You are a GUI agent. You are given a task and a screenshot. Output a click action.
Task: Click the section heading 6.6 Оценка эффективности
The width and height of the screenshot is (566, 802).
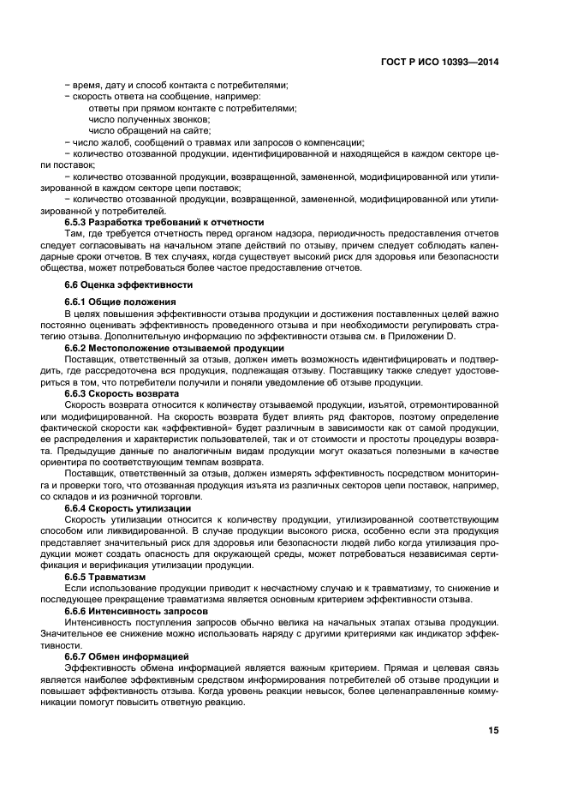pyautogui.click(x=128, y=284)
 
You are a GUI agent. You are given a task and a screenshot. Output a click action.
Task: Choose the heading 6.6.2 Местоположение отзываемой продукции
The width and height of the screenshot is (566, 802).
pyautogui.click(x=174, y=348)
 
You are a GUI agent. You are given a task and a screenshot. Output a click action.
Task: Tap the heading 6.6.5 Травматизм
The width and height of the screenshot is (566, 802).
pyautogui.click(x=105, y=578)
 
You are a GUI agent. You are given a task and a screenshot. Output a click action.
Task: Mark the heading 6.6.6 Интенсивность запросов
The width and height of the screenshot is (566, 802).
pyautogui.click(x=136, y=613)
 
